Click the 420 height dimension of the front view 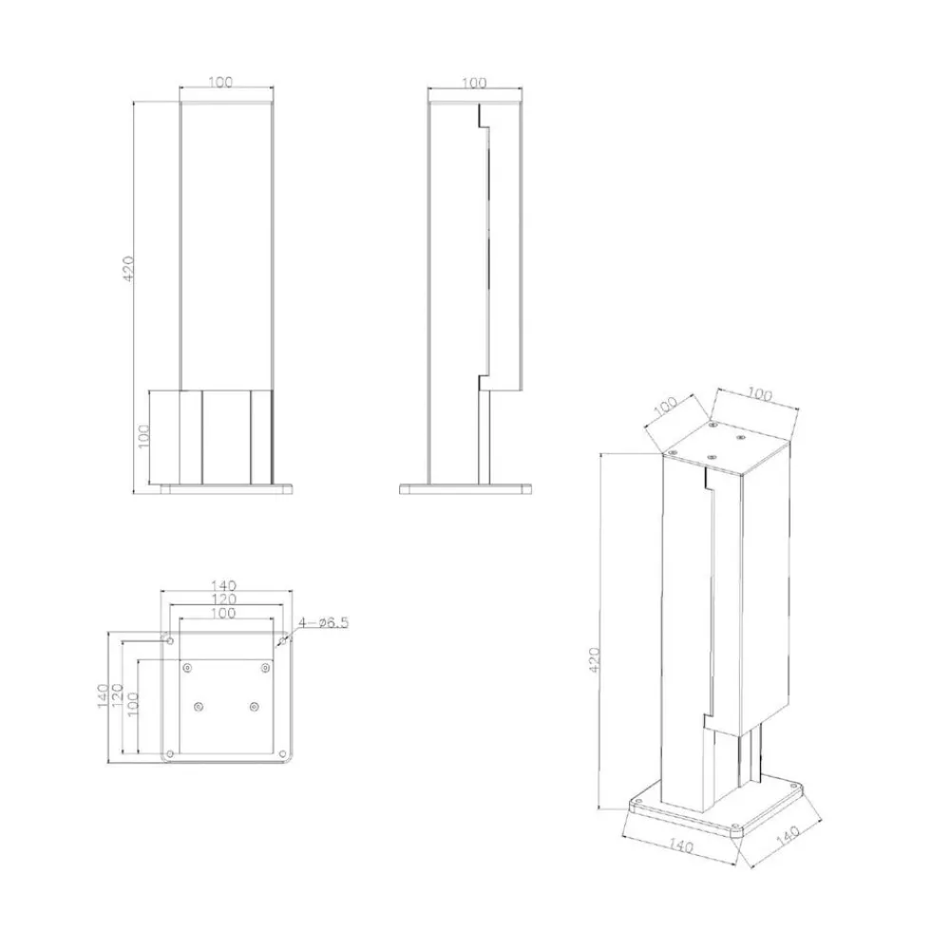point(128,269)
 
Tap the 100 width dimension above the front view point(220,82)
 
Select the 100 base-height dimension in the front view point(144,436)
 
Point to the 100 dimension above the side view point(474,83)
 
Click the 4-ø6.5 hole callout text point(323,622)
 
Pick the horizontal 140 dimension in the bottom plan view point(223,586)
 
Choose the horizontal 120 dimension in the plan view point(223,599)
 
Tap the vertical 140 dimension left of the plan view point(103,695)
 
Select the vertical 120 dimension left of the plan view point(117,695)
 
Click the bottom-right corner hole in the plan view point(282,753)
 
